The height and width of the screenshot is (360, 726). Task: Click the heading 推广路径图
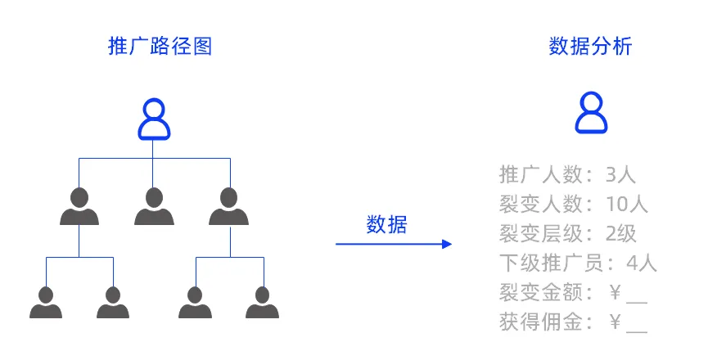160,47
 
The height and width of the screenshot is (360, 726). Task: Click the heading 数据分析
590,47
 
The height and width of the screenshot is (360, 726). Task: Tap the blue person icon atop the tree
154,119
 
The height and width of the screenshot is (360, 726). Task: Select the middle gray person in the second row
154,206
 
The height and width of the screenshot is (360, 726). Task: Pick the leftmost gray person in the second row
79,206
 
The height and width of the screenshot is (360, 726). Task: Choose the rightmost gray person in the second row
229,206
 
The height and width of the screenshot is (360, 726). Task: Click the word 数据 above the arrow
386,224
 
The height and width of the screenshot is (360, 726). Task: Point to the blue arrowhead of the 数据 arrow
446,244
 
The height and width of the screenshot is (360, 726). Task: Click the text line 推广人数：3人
567,174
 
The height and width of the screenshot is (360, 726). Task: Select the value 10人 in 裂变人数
627,204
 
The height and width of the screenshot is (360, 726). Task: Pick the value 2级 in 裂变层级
620,233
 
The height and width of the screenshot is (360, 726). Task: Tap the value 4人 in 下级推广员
641,263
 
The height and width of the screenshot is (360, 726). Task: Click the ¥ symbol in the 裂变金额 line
616,292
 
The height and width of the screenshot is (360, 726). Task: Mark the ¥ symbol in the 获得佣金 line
616,322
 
